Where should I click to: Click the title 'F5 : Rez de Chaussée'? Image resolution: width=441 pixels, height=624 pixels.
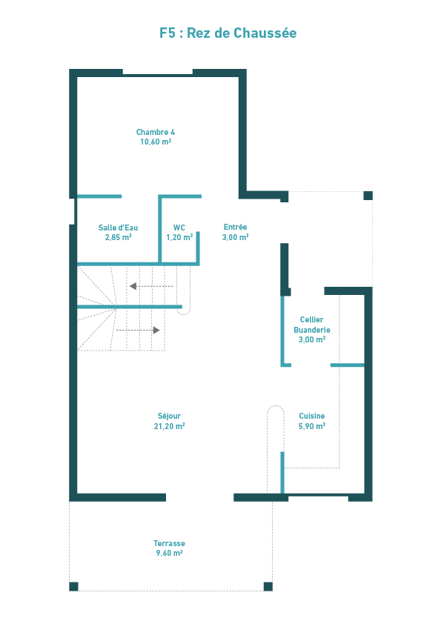(228, 33)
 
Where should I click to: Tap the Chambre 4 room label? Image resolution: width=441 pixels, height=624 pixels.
(156, 132)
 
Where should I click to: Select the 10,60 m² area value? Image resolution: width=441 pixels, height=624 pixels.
(156, 142)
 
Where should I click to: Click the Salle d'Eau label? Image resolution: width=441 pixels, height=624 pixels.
(118, 228)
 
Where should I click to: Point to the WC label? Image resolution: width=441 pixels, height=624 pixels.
(179, 228)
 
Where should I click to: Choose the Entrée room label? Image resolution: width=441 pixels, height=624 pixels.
(235, 227)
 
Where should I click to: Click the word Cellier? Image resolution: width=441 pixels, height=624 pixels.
(311, 319)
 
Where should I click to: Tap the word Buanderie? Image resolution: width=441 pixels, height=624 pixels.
(312, 330)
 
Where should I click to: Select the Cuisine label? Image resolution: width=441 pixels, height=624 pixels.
(312, 416)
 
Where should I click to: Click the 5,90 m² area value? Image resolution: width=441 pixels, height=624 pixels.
(312, 426)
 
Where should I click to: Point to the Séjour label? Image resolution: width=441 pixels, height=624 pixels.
(169, 416)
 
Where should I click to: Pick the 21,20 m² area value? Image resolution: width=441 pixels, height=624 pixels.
(169, 426)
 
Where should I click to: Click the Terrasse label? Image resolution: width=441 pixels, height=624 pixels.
(169, 543)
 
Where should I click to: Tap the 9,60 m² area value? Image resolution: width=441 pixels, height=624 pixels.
(169, 553)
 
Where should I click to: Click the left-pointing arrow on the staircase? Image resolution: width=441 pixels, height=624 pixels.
(151, 286)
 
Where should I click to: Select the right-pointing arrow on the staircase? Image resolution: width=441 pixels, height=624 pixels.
(138, 331)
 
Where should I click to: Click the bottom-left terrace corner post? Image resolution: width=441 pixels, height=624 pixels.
(73, 586)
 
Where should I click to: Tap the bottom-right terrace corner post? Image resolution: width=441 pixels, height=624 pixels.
(268, 586)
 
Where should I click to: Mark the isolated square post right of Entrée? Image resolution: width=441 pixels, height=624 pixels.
(368, 196)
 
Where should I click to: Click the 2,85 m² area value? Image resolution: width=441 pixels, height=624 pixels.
(118, 238)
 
